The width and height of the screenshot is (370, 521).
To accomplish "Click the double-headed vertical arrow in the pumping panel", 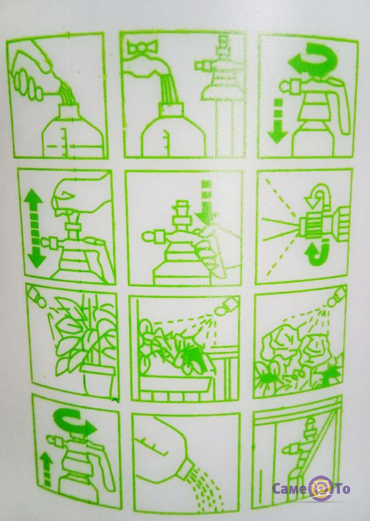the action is (x=34, y=229).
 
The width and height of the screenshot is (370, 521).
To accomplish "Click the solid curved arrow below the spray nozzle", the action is (x=318, y=255).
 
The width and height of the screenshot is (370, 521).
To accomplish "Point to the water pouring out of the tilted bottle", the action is (x=208, y=488).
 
